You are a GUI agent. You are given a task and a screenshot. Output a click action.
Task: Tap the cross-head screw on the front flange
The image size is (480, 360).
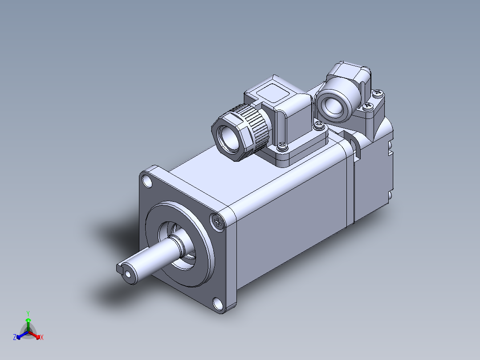point(218,221)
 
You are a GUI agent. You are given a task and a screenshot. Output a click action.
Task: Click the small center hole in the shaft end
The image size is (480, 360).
point(128,275)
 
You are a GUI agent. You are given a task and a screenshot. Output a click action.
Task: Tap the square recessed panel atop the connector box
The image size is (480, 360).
point(273,93)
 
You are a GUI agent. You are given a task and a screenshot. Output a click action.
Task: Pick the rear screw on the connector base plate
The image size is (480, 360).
point(319,124)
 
